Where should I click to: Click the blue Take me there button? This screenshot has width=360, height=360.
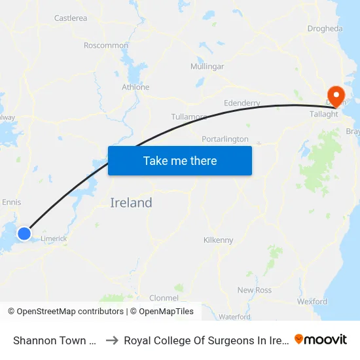tap(180, 160)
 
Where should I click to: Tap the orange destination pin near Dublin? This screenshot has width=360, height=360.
tap(337, 96)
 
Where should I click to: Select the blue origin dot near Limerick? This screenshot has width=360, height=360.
tap(24, 233)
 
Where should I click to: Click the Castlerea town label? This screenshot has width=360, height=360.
tap(71, 18)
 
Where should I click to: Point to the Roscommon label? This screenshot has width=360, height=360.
tap(106, 45)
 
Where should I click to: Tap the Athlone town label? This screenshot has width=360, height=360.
tap(135, 87)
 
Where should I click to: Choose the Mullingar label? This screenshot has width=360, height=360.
tap(207, 67)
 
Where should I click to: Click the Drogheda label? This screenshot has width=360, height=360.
tap(325, 29)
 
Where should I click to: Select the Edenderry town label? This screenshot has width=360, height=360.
tap(242, 103)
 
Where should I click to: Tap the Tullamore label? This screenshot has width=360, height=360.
tap(189, 117)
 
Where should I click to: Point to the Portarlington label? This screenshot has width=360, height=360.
tap(225, 139)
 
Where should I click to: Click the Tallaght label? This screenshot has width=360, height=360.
tap(323, 114)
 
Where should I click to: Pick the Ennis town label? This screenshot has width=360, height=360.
tap(12, 202)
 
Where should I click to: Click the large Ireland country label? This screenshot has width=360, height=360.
tap(131, 203)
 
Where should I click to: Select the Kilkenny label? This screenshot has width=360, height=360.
tap(218, 240)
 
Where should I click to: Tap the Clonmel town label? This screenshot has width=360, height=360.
tap(164, 298)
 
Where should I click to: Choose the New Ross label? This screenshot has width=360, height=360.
tap(254, 290)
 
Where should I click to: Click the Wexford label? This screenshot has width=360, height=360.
tap(312, 302)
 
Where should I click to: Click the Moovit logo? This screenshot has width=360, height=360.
tap(321, 340)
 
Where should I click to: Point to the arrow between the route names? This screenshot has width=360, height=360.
tap(112, 340)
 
